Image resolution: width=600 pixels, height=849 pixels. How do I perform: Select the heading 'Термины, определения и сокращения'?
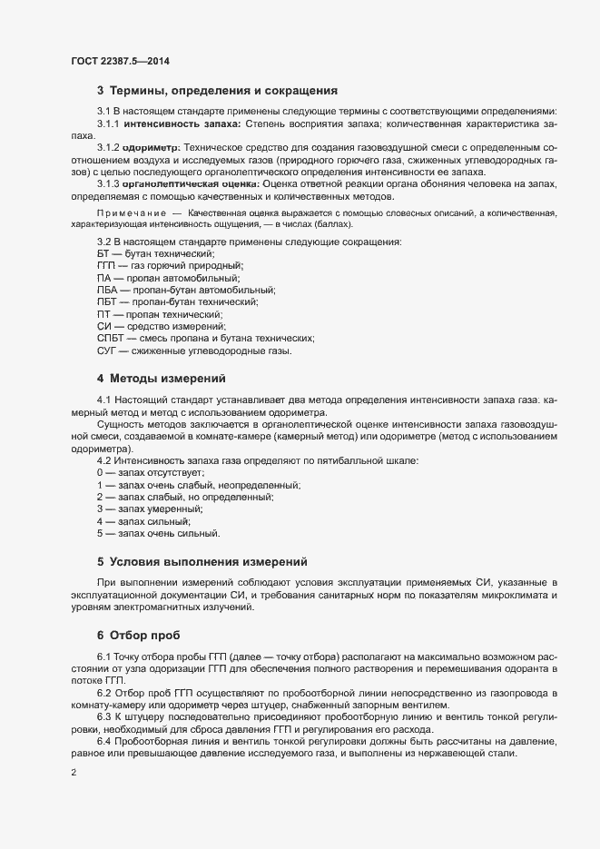pos(223,91)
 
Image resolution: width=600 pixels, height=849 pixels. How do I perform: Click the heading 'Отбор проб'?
pos(150,632)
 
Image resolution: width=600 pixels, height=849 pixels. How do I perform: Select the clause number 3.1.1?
pos(108,123)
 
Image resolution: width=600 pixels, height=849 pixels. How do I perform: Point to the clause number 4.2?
pos(103,461)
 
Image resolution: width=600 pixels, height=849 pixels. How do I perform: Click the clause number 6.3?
pos(103,716)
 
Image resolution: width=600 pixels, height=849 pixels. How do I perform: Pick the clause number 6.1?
pos(103,656)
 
